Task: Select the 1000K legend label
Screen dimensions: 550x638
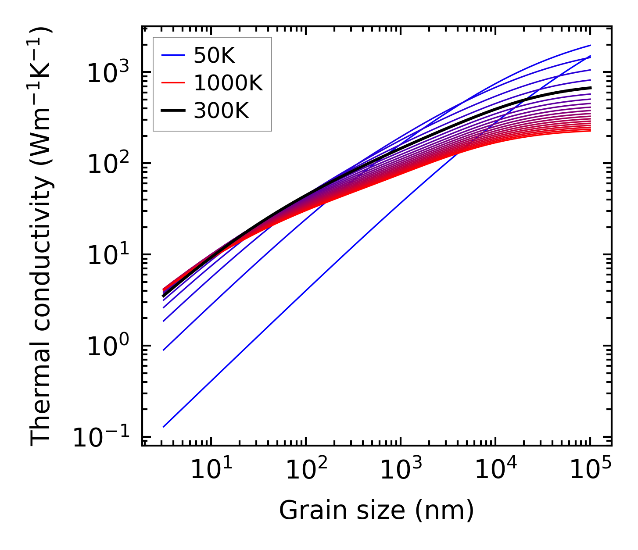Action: [x=228, y=83]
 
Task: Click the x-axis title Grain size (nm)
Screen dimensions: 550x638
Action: [x=376, y=510]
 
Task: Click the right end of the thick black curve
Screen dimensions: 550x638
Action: [x=590, y=88]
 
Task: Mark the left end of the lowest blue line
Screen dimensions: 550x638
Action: [x=163, y=426]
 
